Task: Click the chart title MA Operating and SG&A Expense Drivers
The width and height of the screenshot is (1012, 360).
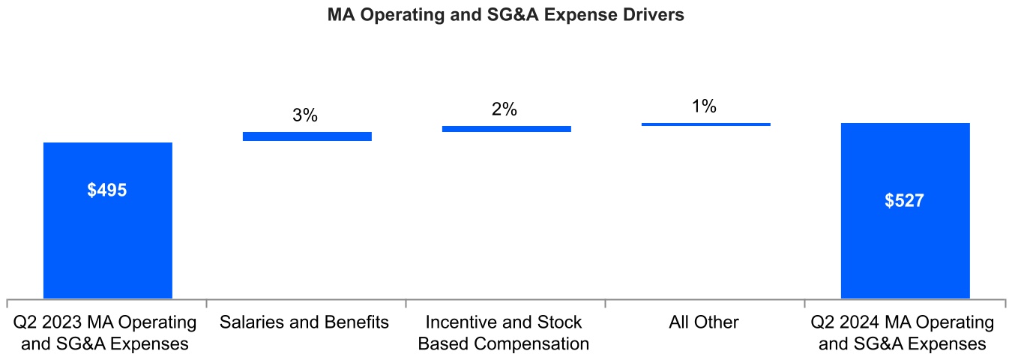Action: [506, 15]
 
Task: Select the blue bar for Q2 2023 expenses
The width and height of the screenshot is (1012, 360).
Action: [108, 240]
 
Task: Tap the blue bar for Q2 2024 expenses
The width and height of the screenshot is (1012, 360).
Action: [905, 247]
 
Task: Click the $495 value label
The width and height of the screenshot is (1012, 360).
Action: [107, 190]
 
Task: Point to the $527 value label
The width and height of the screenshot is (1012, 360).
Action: [905, 201]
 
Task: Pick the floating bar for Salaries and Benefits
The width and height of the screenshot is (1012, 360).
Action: [307, 136]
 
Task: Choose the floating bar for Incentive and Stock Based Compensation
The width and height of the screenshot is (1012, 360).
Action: [507, 129]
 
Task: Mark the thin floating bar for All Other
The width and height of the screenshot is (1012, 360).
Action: [705, 124]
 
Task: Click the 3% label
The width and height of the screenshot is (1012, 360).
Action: [305, 115]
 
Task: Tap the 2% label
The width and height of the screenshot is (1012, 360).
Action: [505, 109]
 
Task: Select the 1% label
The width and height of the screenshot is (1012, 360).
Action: [704, 106]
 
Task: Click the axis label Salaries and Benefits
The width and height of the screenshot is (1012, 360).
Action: [304, 322]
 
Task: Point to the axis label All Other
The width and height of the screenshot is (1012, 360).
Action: [704, 322]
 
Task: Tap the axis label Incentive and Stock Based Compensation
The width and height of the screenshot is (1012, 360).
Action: [504, 333]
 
